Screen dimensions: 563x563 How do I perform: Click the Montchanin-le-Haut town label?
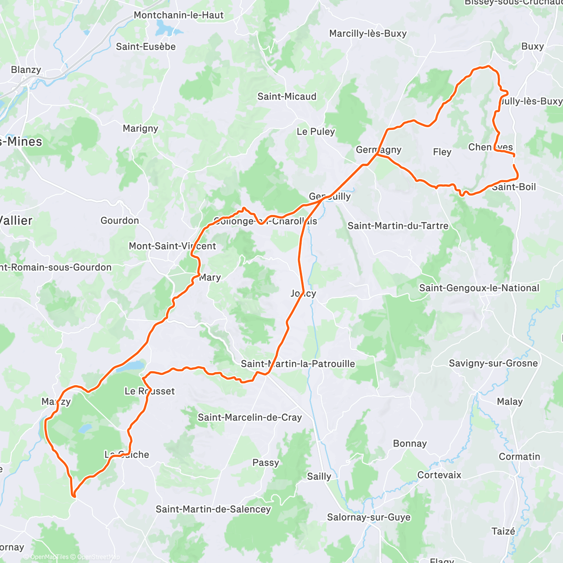coord(179,15)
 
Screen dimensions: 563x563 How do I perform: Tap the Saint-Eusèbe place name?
coord(146,46)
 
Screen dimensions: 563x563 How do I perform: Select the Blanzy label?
coord(26,70)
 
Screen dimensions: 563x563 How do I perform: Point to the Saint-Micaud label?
coord(287,97)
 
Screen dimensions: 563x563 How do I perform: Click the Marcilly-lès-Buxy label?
coord(368,33)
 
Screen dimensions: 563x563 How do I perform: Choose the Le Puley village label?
coord(316,131)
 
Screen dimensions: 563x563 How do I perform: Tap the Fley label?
coord(442,152)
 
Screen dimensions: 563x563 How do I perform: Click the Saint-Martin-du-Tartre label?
coord(398,226)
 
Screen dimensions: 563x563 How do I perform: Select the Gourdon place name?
coord(120,221)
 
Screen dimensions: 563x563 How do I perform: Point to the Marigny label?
coord(140,129)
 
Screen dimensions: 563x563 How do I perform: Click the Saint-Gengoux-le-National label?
coord(479,288)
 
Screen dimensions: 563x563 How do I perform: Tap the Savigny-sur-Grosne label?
coord(493,363)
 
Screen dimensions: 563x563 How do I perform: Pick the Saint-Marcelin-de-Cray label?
coord(250,418)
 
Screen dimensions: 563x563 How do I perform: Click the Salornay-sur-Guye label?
coord(368,517)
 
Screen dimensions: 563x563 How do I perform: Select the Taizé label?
coord(503,532)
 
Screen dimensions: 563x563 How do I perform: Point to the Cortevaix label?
coord(439,475)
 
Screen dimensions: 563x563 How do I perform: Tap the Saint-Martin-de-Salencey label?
coord(213,510)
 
